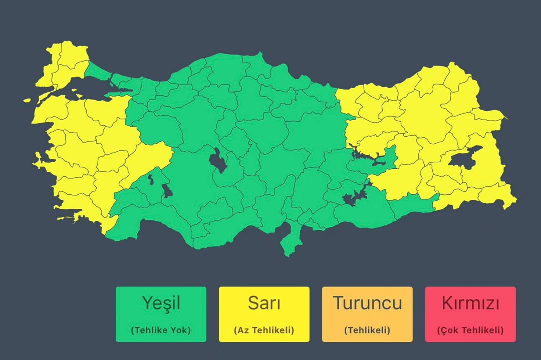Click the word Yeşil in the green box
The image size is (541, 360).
[161, 303]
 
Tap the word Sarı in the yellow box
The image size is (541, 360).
[264, 303]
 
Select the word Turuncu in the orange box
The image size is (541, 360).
[367, 303]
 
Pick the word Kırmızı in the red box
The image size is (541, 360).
[470, 303]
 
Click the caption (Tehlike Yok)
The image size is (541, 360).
[161, 330]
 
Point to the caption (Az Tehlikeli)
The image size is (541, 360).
[264, 330]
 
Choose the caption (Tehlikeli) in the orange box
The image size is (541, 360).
[367, 330]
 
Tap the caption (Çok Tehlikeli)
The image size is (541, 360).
[470, 330]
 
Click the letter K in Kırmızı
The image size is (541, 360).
[447, 303]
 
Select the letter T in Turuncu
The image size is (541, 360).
[339, 303]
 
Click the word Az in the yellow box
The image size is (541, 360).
[242, 330]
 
